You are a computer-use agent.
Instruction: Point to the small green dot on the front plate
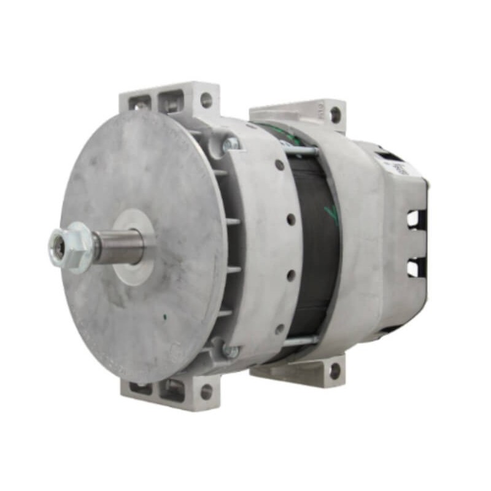(164, 317)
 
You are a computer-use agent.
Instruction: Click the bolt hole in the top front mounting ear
(206, 100)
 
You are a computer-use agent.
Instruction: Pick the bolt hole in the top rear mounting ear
(335, 115)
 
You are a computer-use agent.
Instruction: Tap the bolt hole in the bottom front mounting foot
(206, 390)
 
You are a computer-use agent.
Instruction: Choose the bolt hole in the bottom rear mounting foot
(335, 371)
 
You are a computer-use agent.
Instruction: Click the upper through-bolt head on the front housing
(230, 144)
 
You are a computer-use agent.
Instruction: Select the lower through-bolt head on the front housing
(230, 351)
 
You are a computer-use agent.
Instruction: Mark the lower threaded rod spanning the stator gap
(301, 341)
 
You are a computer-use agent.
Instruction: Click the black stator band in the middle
(316, 245)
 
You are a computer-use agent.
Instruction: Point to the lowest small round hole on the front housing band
(280, 329)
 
